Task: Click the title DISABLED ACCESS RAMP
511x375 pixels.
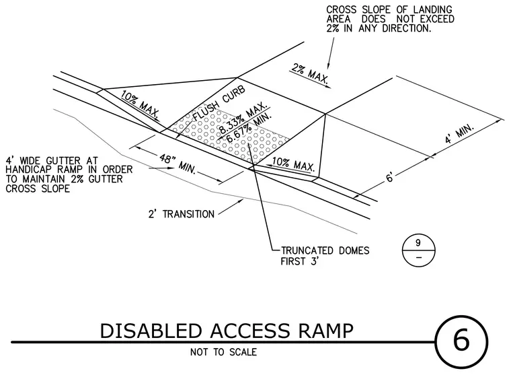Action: pos(227,331)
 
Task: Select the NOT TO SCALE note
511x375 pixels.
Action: pos(223,352)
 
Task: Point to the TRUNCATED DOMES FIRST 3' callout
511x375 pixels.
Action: pos(325,256)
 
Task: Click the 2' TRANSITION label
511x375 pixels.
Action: pos(182,214)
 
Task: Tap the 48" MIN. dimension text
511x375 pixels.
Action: pos(178,164)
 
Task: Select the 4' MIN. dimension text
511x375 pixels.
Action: pos(459,134)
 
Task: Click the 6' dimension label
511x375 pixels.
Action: pos(390,178)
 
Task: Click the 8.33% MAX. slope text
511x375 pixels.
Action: pos(242,118)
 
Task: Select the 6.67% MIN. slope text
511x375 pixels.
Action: pos(249,128)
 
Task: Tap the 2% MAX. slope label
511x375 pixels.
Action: pos(309,73)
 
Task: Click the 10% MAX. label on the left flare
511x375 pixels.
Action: pos(140,104)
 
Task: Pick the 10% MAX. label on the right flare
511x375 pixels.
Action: pos(293,164)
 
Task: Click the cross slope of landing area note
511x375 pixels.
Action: pos(390,19)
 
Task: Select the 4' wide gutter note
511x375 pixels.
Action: pos(69,174)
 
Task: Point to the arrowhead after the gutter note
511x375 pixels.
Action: pos(170,168)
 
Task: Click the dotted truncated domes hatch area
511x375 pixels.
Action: pos(230,137)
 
